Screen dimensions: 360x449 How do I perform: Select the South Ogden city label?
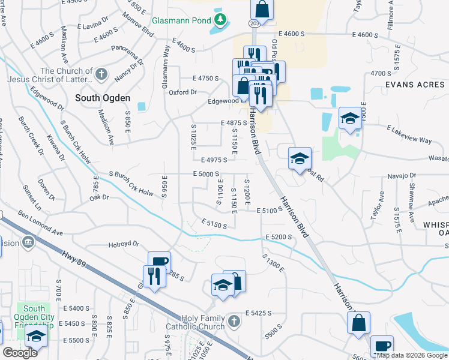pos(103,97)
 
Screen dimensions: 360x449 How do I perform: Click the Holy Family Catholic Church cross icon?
pos(234,322)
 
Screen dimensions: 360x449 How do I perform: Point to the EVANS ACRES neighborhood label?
pos(415,85)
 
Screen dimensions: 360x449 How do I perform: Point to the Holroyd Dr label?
pos(124,244)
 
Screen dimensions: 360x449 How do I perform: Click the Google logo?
pos(20,353)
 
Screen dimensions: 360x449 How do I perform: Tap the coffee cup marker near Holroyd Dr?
pos(159,262)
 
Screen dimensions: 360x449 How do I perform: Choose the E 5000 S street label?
pos(206,174)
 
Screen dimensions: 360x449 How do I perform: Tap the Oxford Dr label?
pos(182,92)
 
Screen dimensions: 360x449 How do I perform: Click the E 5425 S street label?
pos(259,313)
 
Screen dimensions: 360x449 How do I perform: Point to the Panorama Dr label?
pos(131,53)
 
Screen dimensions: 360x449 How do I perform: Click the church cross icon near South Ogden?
pos(101,74)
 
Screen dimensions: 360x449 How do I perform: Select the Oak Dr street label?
pos(100,197)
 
